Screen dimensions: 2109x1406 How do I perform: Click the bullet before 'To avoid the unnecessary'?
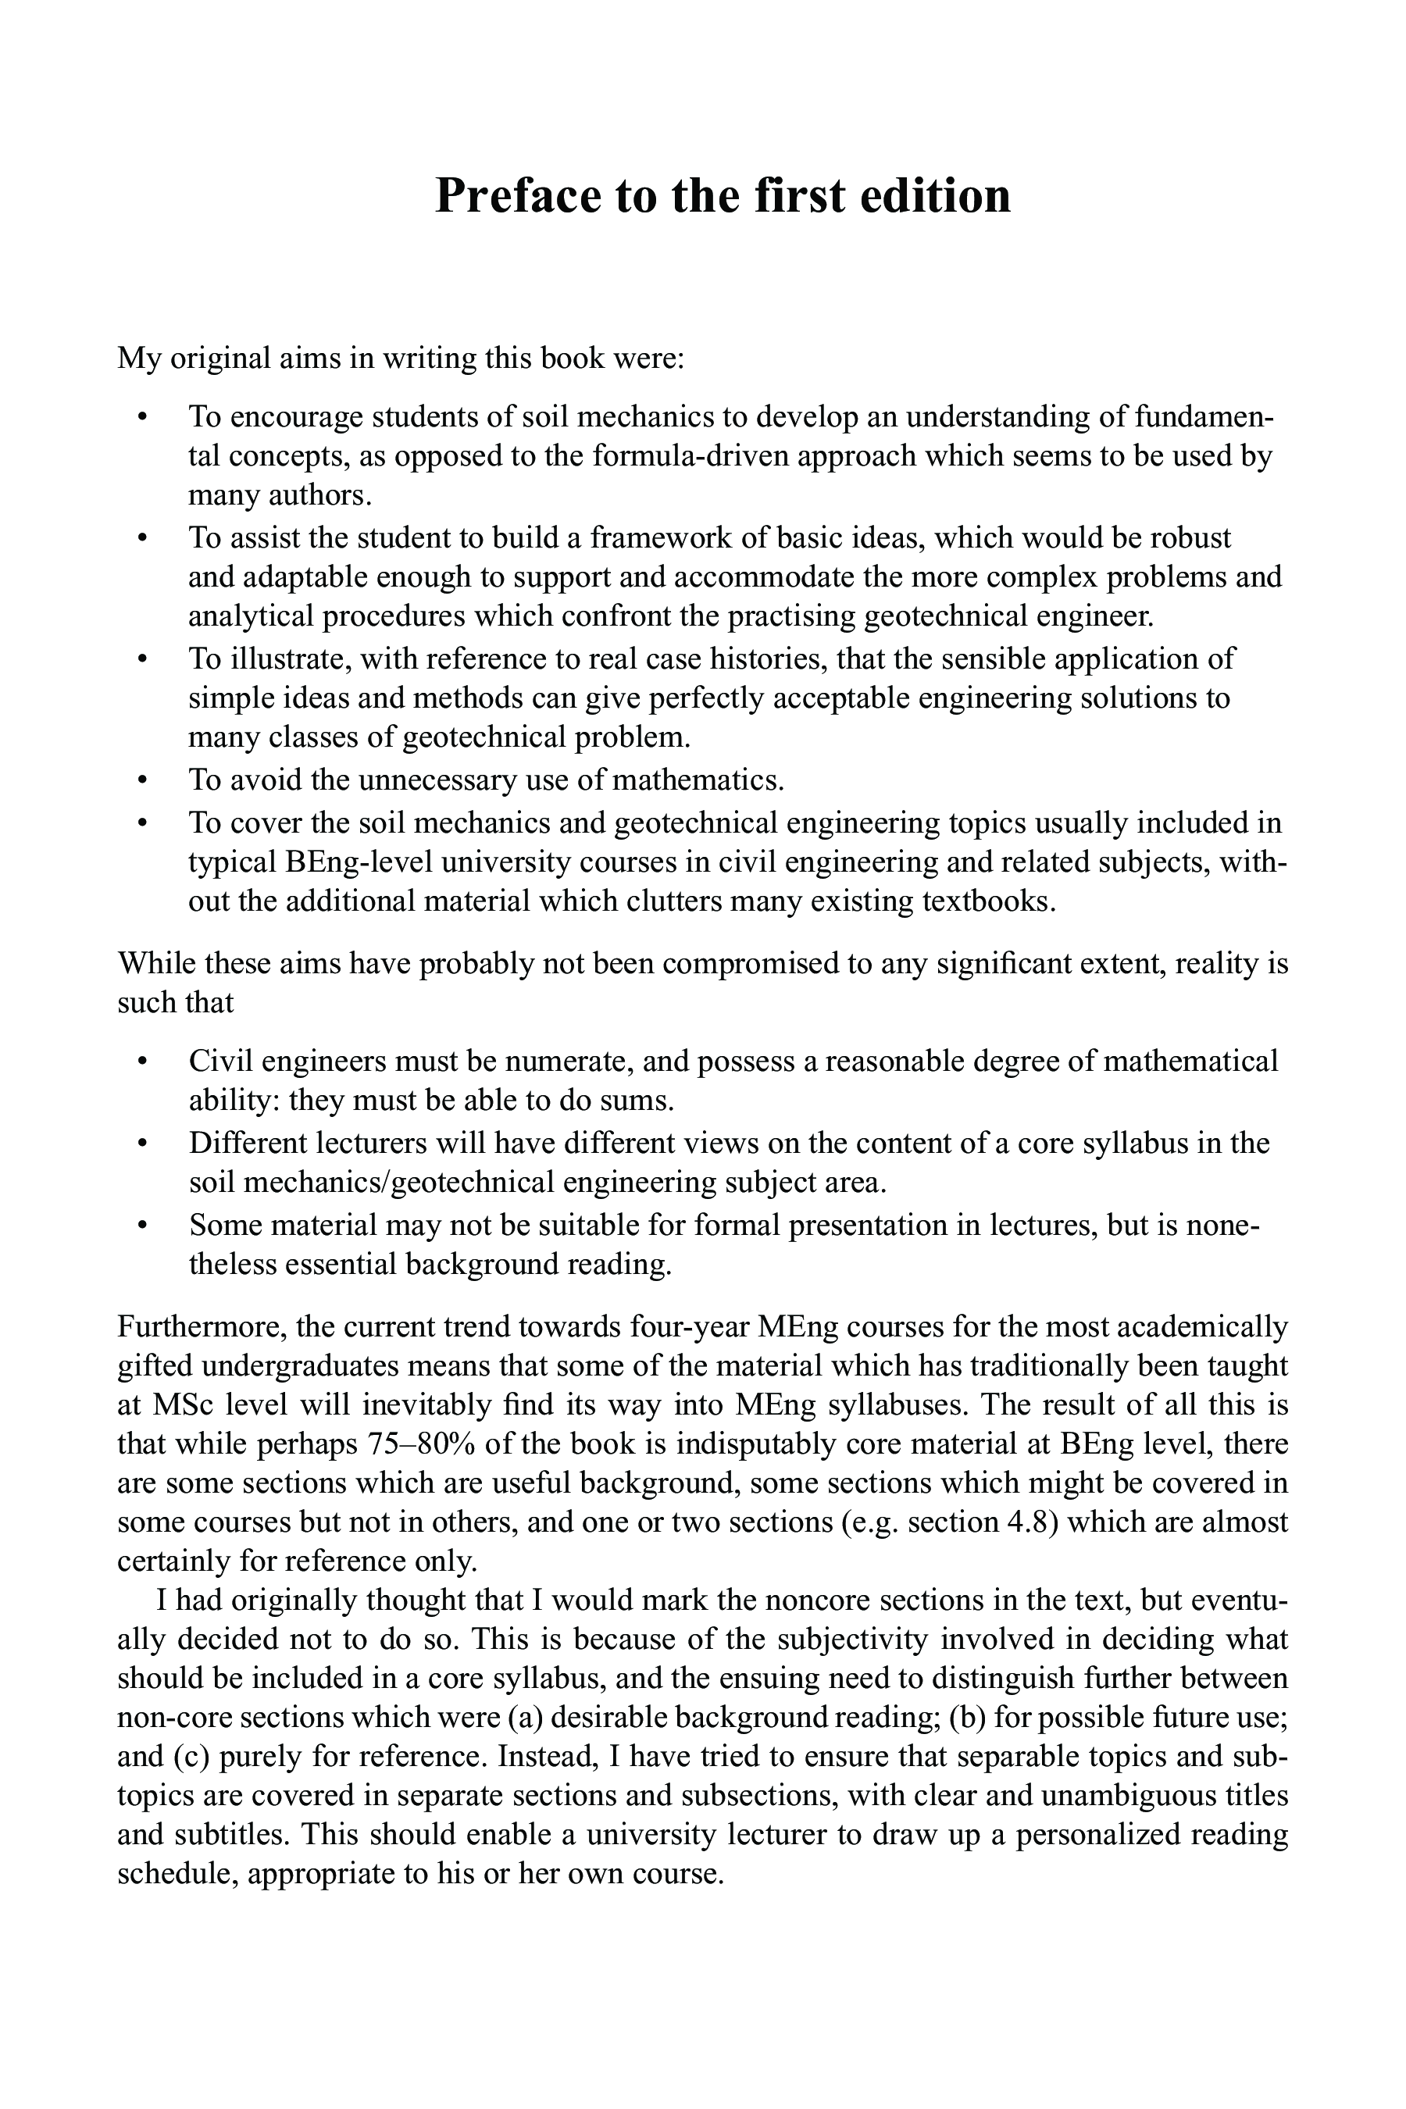pyautogui.click(x=141, y=780)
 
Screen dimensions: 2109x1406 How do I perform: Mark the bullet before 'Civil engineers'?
pyautogui.click(x=141, y=1062)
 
